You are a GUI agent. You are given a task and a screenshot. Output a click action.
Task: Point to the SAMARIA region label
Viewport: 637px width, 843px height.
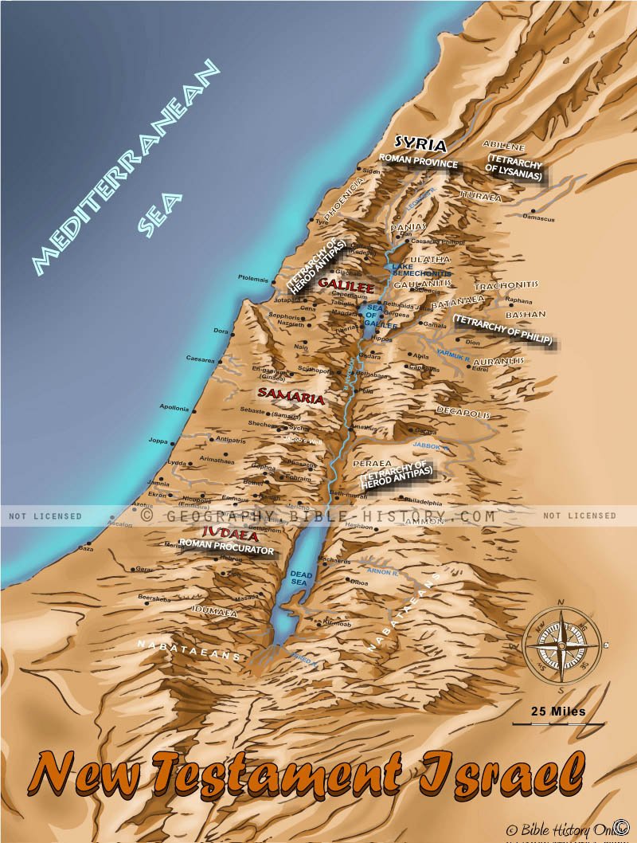click(291, 398)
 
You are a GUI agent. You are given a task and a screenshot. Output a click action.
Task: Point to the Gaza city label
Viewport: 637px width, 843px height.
click(86, 549)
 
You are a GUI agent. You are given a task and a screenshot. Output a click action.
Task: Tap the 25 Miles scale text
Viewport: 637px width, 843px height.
click(558, 711)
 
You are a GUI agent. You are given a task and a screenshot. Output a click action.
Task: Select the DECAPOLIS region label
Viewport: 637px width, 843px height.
click(460, 410)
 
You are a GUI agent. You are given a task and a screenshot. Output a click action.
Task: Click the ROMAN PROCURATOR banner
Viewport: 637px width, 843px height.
click(226, 550)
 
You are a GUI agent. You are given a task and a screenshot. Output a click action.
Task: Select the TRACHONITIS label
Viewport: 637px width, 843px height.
click(506, 284)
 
